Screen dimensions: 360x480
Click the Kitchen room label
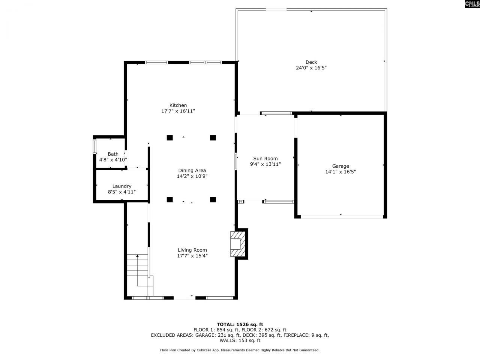tap(178, 105)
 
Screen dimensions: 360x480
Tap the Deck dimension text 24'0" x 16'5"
tap(311, 68)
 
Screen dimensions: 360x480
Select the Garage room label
tap(340, 166)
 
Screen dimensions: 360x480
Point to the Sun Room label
tap(265, 158)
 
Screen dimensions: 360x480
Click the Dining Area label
tap(192, 171)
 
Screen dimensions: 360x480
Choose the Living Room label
tap(192, 250)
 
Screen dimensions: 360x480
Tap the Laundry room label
tap(121, 186)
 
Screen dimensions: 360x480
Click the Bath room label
tap(113, 154)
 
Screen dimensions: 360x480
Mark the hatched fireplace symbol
tap(237, 244)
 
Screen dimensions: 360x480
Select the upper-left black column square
tap(169, 138)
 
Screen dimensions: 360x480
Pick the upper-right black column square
tap(213, 138)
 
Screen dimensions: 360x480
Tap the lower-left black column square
tap(169, 199)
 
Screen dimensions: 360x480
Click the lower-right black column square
tap(213, 199)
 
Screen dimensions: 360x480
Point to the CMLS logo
tap(472, 4)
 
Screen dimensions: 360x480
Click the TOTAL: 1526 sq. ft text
tap(240, 324)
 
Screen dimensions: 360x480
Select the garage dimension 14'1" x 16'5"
tap(340, 172)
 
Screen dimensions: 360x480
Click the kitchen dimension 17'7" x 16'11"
tap(178, 111)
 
